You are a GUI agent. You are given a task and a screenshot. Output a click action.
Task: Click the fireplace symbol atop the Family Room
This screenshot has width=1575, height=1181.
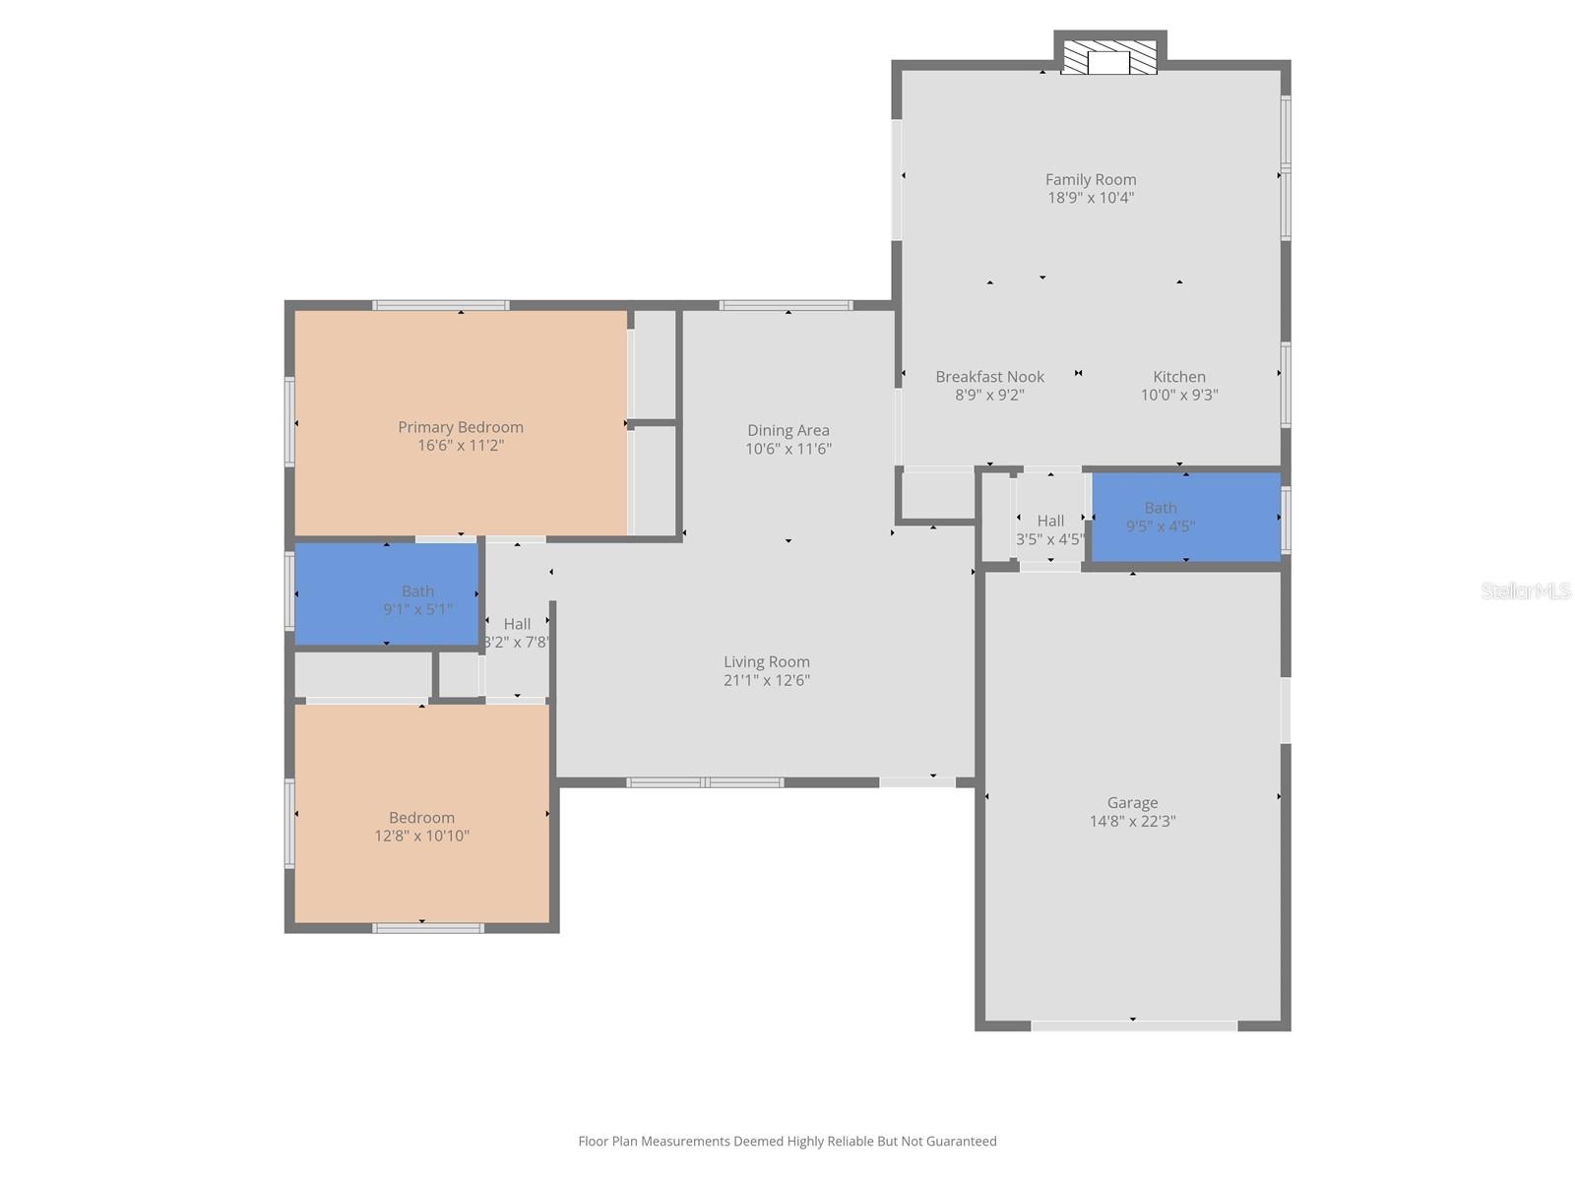click(x=1109, y=58)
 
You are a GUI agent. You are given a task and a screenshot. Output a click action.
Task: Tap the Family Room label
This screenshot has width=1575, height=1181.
click(x=1091, y=179)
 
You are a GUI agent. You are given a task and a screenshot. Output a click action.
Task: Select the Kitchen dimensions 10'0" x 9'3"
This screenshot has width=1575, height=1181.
click(x=1179, y=396)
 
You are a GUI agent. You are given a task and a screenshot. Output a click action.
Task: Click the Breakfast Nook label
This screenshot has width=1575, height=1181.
click(x=989, y=377)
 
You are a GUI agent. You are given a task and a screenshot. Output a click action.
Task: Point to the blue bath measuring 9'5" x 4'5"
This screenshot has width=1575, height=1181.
click(x=1186, y=517)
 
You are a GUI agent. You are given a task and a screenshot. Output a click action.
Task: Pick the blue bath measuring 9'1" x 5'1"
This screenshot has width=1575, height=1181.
click(x=386, y=594)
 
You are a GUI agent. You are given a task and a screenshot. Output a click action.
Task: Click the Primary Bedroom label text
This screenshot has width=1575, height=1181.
click(x=461, y=427)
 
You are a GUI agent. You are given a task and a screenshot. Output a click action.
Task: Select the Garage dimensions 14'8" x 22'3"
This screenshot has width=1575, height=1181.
click(x=1132, y=821)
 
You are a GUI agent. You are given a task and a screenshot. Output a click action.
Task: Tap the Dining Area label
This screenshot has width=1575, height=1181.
click(x=787, y=430)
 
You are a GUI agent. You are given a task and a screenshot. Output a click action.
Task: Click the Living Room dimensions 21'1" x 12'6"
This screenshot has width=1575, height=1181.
click(x=767, y=680)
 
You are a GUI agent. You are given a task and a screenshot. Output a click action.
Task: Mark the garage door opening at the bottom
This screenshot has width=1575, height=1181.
click(x=1134, y=1026)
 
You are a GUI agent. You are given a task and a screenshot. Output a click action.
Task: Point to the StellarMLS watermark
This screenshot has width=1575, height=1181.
click(x=1526, y=590)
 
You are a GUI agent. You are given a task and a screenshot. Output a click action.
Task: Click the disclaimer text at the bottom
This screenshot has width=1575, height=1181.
click(x=787, y=1142)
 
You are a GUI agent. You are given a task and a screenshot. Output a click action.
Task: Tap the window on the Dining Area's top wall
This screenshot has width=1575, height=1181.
click(x=786, y=305)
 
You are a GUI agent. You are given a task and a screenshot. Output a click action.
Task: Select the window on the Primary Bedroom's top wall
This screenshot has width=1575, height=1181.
click(x=441, y=305)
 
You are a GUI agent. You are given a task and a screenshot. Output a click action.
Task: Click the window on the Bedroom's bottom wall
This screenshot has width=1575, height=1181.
click(x=428, y=928)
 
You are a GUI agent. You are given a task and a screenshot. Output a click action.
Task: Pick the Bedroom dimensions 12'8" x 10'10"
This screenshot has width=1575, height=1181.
click(x=421, y=837)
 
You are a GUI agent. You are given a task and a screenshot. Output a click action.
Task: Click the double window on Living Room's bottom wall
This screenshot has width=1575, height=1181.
click(x=705, y=782)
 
